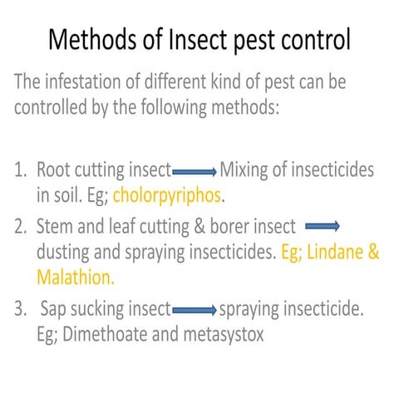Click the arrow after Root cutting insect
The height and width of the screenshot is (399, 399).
194,173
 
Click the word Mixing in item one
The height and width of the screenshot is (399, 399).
247,172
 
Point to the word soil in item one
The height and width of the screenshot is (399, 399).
68,196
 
